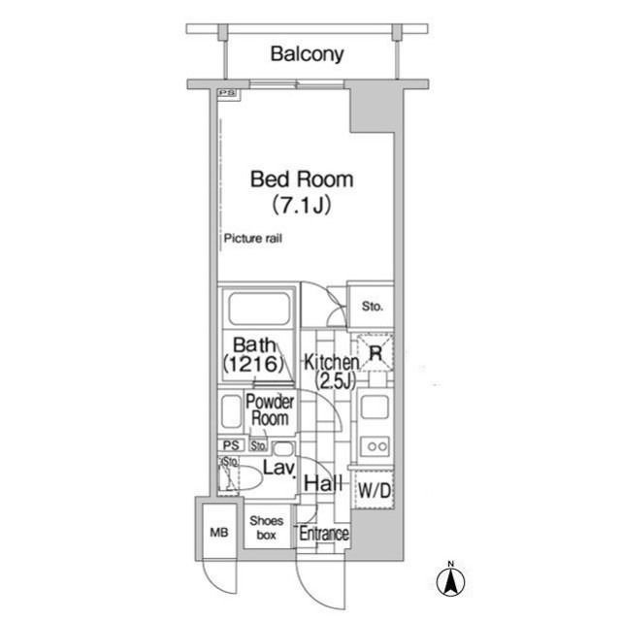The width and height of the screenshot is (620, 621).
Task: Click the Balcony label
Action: pyautogui.click(x=307, y=54)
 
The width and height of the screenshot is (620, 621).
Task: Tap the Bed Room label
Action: pyautogui.click(x=302, y=180)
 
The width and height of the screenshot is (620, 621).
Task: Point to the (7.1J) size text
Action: pyautogui.click(x=302, y=206)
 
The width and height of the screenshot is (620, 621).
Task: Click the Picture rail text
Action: pyautogui.click(x=252, y=239)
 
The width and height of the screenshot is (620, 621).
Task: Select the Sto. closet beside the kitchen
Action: pyautogui.click(x=372, y=307)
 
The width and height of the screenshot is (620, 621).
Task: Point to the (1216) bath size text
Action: pyautogui.click(x=253, y=365)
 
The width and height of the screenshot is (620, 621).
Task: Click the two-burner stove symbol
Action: pyautogui.click(x=375, y=446)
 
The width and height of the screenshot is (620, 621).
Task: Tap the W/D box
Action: pyautogui.click(x=375, y=492)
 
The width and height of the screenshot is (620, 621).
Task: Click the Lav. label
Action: pyautogui.click(x=278, y=470)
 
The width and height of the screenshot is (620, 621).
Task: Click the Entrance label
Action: pyautogui.click(x=323, y=535)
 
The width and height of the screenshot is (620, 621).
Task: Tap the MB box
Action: pyautogui.click(x=219, y=531)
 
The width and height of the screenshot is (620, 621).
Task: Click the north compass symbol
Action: pyautogui.click(x=451, y=581)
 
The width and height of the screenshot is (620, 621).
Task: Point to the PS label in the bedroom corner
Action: pyautogui.click(x=226, y=94)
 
